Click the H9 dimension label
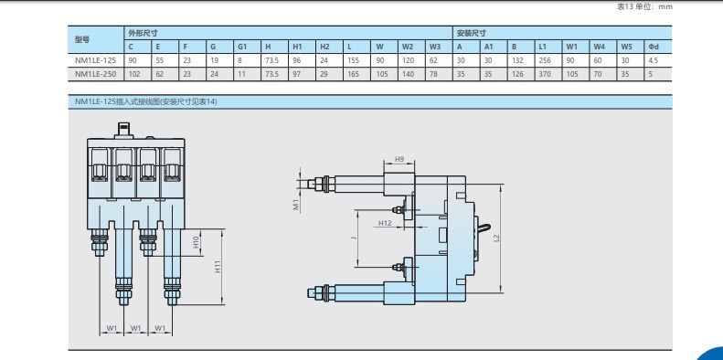tap(399, 160)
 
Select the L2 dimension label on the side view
tap(496, 238)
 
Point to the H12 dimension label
tap(385, 223)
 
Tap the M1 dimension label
tap(297, 204)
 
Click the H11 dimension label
tap(218, 267)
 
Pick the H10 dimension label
tap(196, 241)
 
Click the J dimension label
tap(352, 238)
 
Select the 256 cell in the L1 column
tap(545, 60)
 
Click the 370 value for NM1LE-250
tap(545, 74)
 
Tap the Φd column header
tap(654, 47)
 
